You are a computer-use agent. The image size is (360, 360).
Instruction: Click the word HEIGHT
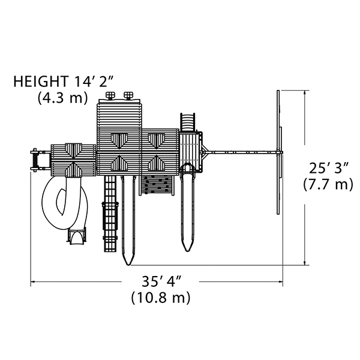(x=41, y=81)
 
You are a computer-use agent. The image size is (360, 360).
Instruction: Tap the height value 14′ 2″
(x=93, y=81)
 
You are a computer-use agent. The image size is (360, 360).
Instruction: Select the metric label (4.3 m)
(x=62, y=98)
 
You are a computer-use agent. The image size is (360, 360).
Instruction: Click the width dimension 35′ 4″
(x=161, y=281)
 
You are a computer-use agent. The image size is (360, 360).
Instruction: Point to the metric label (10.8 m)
(x=161, y=298)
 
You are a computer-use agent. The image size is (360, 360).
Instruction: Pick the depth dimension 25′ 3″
(x=329, y=168)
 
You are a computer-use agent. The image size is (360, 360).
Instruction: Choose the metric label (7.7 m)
(x=328, y=184)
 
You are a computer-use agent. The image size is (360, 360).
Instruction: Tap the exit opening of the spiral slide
(x=76, y=236)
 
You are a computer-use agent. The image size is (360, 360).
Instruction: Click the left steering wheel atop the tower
(x=110, y=95)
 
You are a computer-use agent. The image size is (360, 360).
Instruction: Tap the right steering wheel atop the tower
(x=128, y=95)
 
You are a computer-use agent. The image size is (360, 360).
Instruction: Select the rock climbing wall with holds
(x=157, y=185)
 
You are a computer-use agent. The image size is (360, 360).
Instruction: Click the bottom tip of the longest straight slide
(x=128, y=265)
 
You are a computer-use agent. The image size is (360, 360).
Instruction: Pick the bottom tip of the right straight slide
(x=188, y=251)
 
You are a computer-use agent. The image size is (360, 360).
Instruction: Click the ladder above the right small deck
(x=188, y=122)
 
